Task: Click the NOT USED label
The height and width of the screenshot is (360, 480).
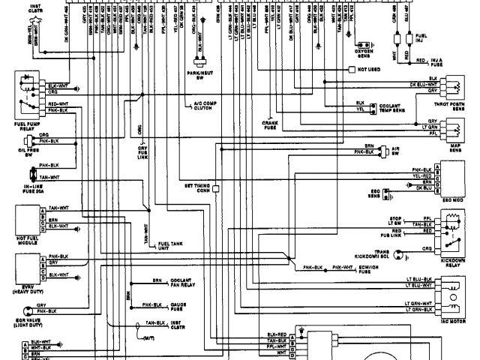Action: tap(370, 68)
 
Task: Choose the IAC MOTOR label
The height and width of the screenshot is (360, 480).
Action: tap(453, 316)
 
